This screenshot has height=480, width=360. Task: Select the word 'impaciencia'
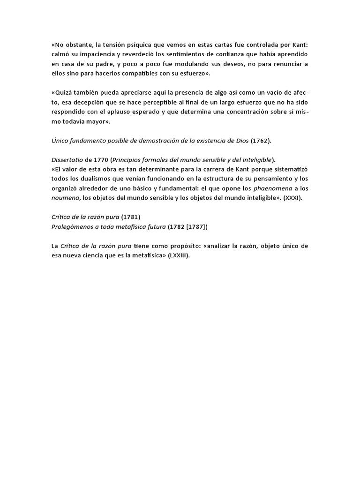coord(96,54)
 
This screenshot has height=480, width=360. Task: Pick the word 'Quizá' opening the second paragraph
coord(63,93)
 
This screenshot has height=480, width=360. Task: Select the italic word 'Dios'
coord(240,141)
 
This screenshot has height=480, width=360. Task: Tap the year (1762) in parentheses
coord(261,141)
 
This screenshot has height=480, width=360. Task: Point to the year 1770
coord(101,160)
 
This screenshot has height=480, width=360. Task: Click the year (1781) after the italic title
coord(131,217)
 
